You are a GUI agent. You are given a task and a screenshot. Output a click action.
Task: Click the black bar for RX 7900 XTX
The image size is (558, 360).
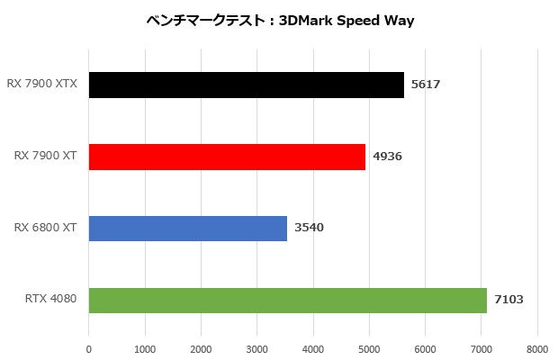click(246, 85)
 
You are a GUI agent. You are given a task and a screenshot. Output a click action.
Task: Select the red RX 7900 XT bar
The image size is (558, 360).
click(227, 157)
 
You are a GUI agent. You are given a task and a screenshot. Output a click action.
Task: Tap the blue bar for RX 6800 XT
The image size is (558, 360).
click(187, 229)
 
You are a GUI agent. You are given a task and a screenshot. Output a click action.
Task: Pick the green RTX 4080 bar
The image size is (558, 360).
click(287, 301)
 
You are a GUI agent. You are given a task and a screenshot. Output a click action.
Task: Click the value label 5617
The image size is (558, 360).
click(425, 85)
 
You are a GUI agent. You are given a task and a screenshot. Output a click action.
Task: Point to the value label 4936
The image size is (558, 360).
click(387, 157)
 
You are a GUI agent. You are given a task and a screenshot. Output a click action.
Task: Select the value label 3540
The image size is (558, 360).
click(309, 229)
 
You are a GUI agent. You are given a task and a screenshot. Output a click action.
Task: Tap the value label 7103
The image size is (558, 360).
click(508, 301)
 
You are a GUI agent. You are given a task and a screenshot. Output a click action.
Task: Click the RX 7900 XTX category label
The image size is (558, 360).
click(41, 85)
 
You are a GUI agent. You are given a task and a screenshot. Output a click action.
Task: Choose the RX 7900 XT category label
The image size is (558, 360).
click(45, 157)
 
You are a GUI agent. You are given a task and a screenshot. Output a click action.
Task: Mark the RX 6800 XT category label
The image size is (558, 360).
click(45, 229)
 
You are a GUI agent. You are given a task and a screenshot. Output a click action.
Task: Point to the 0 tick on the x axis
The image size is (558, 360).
click(88, 348)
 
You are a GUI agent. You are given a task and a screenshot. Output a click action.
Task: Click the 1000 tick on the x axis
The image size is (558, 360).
click(144, 348)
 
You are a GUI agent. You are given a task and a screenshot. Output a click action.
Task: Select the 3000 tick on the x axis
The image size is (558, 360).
click(256, 348)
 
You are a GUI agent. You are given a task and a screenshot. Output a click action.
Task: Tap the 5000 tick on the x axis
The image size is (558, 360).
click(369, 348)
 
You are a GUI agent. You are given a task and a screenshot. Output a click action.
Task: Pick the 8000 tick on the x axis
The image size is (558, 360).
click(537, 348)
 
